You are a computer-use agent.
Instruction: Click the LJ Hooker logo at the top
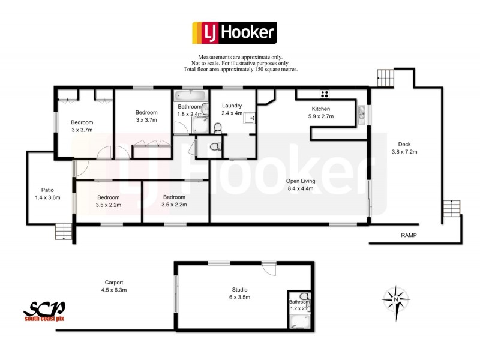click(x=233, y=33)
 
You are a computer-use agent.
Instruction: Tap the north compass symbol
click(x=395, y=298)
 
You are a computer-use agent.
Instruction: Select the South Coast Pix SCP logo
click(x=44, y=311)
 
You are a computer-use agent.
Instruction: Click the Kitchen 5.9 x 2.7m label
click(x=324, y=113)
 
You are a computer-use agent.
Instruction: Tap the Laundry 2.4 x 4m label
click(x=232, y=109)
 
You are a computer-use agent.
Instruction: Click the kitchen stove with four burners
click(x=325, y=94)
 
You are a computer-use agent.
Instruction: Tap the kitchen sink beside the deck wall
click(x=362, y=112)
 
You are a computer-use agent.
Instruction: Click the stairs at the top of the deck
click(x=384, y=77)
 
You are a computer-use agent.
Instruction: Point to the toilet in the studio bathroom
click(x=303, y=295)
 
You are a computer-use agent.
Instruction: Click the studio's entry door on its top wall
click(x=269, y=268)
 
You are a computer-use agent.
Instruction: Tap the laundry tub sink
click(x=248, y=118)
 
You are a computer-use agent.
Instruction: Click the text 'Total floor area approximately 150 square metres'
click(x=240, y=70)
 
